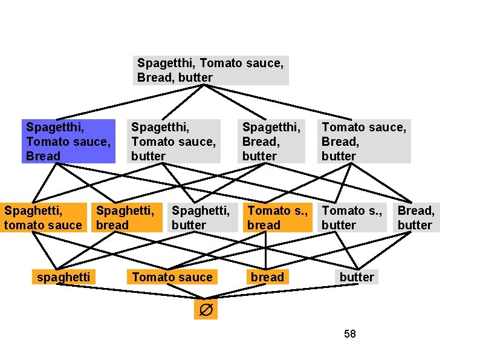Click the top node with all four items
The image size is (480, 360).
coord(210,70)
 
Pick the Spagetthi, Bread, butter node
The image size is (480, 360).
coord(271,141)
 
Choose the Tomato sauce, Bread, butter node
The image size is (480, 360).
coord(364,141)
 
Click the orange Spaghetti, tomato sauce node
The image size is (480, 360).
coord(44,218)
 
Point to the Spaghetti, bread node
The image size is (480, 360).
coord(127,218)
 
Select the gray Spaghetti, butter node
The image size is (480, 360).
coord(202,218)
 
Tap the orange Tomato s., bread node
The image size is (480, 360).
coord(277,218)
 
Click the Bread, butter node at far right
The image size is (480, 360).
coord(416,218)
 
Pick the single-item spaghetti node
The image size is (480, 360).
coord(63,277)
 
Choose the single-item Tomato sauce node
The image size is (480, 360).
coord(172,277)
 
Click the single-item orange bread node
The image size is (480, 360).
coord(267,277)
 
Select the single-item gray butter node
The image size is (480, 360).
coord(357,277)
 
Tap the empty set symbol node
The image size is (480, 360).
coord(206,310)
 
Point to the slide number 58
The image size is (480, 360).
coord(349,333)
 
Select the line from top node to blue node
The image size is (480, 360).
coord(133,102)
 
